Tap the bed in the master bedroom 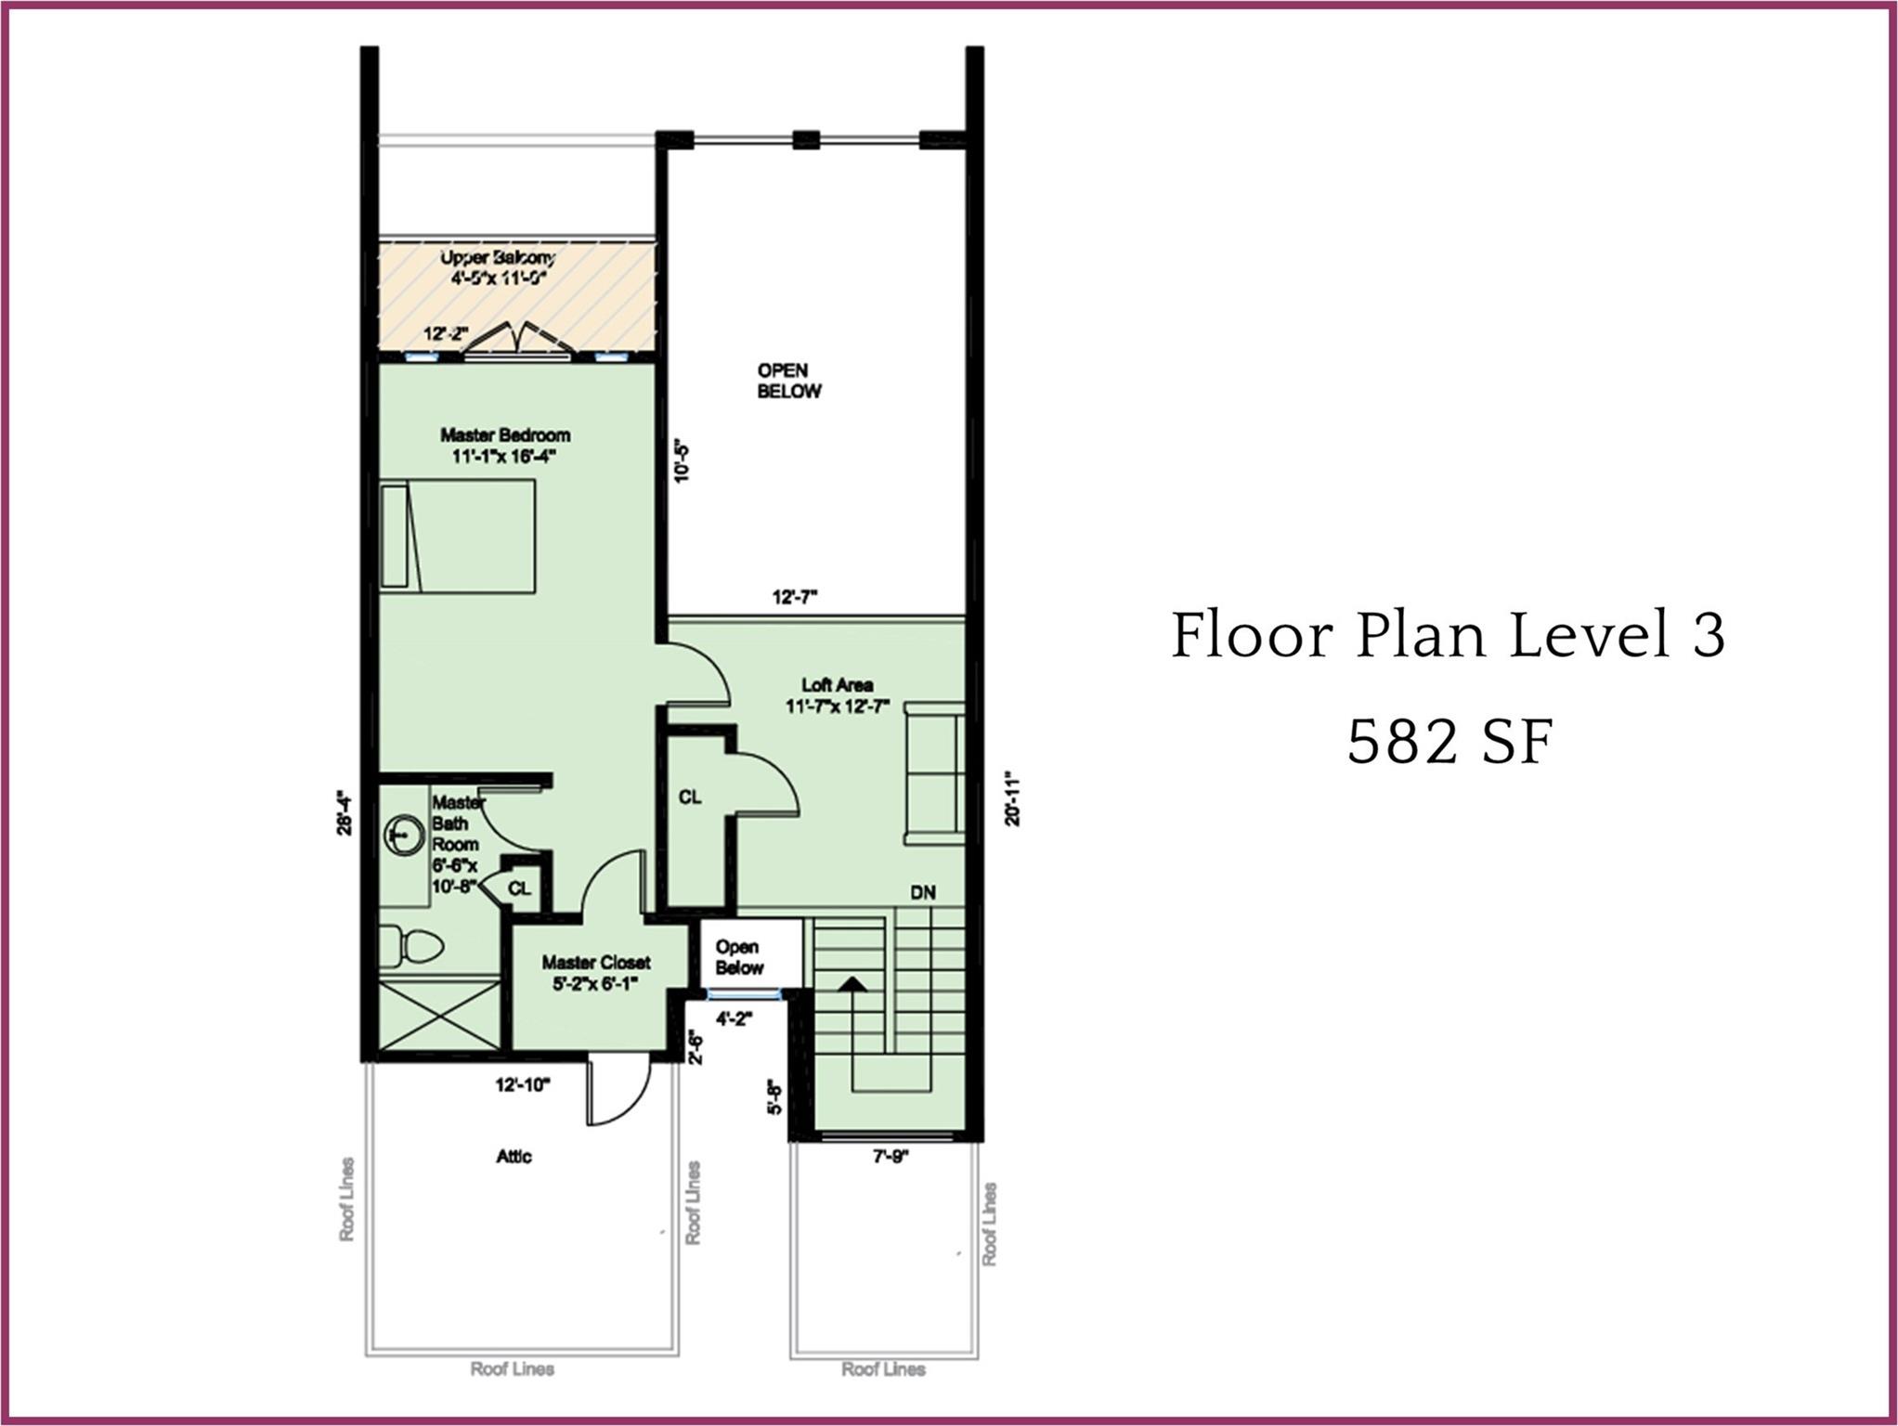click(458, 536)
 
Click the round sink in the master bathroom click(403, 836)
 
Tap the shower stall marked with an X click(440, 1016)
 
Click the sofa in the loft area click(934, 772)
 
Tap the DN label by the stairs click(922, 893)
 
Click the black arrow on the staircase click(852, 984)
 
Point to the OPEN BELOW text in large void click(788, 381)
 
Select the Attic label click(513, 1156)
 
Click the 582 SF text click(1449, 744)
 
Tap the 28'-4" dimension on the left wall click(344, 813)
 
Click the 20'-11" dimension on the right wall click(1012, 797)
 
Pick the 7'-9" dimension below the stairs click(890, 1157)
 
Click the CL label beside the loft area click(690, 797)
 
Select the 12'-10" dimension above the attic click(523, 1084)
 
